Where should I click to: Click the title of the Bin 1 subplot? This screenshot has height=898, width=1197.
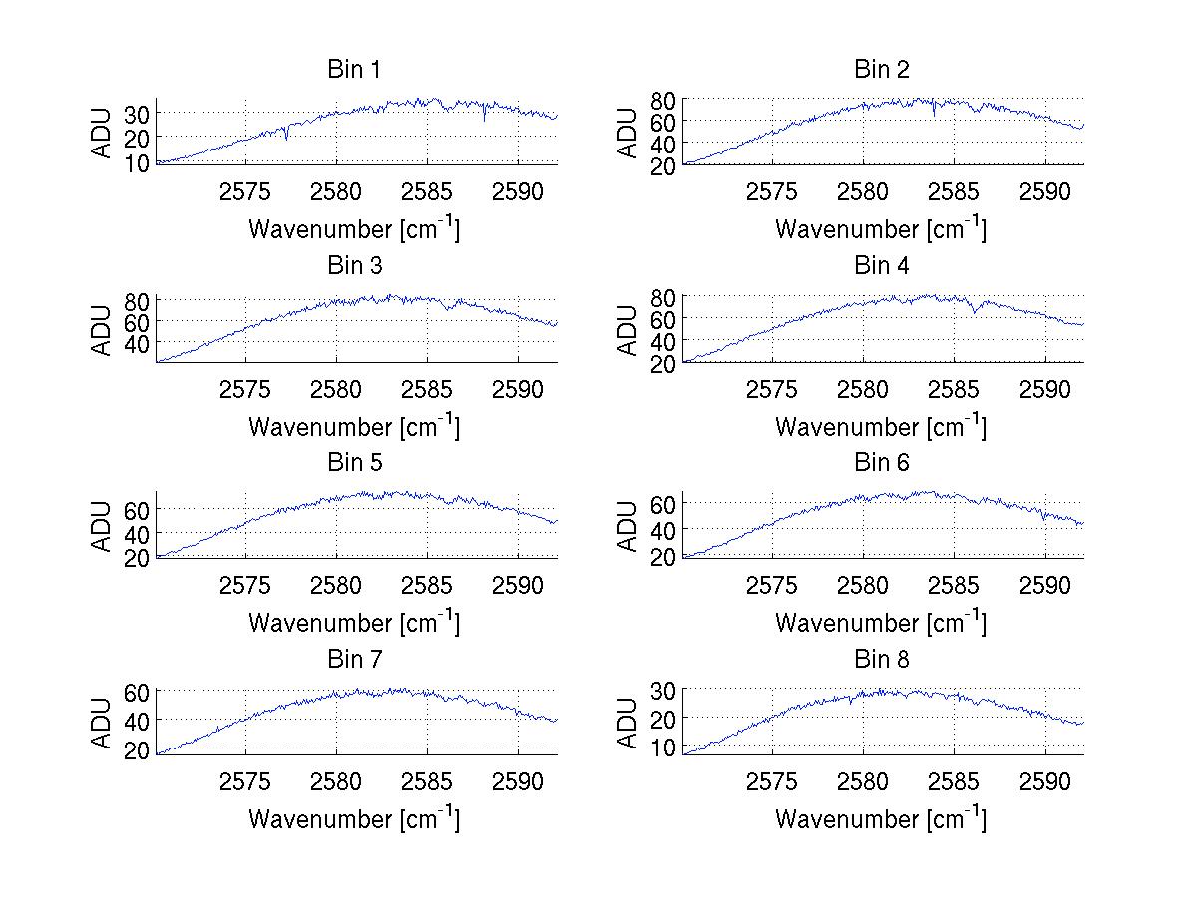click(354, 70)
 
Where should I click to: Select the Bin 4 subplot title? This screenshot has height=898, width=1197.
click(882, 266)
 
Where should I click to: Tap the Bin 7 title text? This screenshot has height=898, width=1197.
click(354, 660)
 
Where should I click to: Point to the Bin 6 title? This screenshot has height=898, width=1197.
click(882, 463)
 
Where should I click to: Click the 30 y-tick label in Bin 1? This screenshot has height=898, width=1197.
click(136, 114)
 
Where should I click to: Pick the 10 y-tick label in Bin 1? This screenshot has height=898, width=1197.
click(136, 161)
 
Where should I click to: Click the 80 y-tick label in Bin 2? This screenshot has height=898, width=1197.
click(662, 99)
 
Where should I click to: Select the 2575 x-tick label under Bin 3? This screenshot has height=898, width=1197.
click(245, 388)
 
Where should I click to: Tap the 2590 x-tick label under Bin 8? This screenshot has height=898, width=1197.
click(1044, 780)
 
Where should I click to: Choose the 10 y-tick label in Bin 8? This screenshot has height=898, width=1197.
click(662, 747)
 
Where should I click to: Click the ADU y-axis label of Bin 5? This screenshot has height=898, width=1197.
click(103, 525)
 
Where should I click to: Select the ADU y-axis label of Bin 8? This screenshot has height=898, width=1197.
click(628, 723)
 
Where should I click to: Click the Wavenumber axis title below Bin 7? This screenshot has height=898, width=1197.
click(354, 818)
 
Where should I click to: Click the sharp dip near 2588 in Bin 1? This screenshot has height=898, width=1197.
click(485, 120)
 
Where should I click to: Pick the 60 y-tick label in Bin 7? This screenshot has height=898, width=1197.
click(136, 691)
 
